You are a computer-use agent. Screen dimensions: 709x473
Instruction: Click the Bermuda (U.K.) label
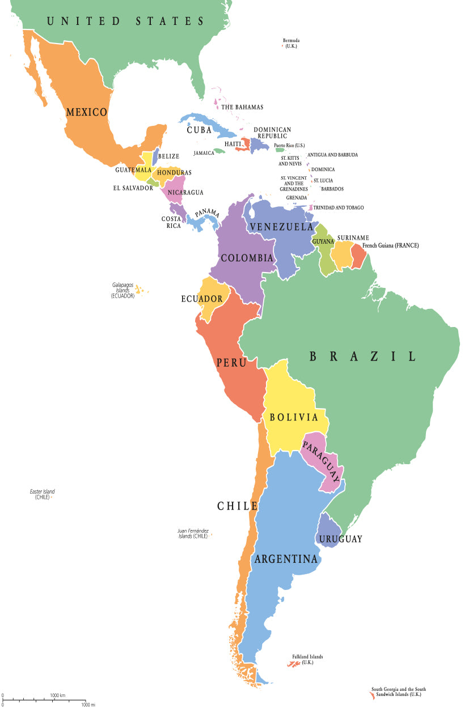(x=291, y=43)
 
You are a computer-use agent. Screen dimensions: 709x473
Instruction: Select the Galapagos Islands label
(x=123, y=290)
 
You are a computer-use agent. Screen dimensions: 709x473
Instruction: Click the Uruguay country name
(x=340, y=539)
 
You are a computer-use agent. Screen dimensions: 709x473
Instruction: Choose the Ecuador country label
(x=201, y=299)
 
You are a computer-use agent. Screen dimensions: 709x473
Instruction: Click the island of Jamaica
(x=219, y=151)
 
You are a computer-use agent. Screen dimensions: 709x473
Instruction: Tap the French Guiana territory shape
(x=358, y=256)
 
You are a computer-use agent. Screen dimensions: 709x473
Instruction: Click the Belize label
(x=168, y=156)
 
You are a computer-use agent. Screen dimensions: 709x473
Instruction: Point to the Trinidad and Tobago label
(x=339, y=208)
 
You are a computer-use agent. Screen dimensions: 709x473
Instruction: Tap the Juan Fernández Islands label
(x=193, y=533)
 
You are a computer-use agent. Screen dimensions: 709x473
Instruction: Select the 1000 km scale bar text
(x=57, y=695)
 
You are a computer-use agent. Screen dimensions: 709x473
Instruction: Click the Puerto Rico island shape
(x=280, y=150)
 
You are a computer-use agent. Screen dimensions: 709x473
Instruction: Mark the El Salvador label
(x=134, y=188)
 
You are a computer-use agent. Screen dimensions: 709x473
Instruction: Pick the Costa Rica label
(x=171, y=222)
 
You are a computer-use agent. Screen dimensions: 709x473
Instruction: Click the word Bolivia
(x=293, y=418)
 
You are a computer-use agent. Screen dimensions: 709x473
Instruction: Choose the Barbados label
(x=332, y=189)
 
